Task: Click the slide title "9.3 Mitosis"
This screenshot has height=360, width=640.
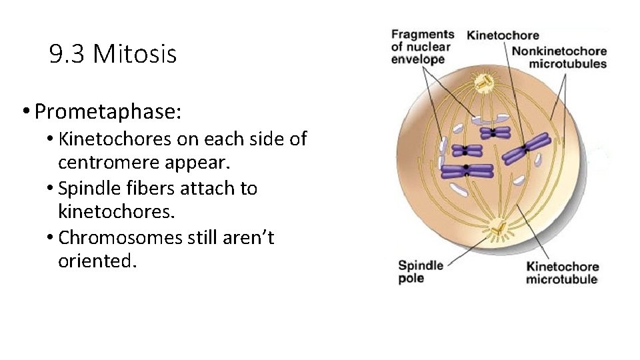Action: pyautogui.click(x=113, y=54)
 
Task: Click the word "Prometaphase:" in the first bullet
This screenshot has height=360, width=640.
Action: pyautogui.click(x=107, y=111)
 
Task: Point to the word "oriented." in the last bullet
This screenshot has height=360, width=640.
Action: pyautogui.click(x=97, y=261)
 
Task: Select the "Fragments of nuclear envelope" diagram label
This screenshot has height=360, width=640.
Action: pyautogui.click(x=422, y=47)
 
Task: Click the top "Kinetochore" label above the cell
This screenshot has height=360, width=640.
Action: pyautogui.click(x=503, y=35)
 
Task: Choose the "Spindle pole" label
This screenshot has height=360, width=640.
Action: pyautogui.click(x=421, y=271)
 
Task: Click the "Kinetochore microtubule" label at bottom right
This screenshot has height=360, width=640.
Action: pyautogui.click(x=562, y=273)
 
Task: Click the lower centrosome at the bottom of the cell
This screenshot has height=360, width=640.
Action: pyautogui.click(x=497, y=231)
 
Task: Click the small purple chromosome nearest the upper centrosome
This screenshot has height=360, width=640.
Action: pyautogui.click(x=493, y=133)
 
